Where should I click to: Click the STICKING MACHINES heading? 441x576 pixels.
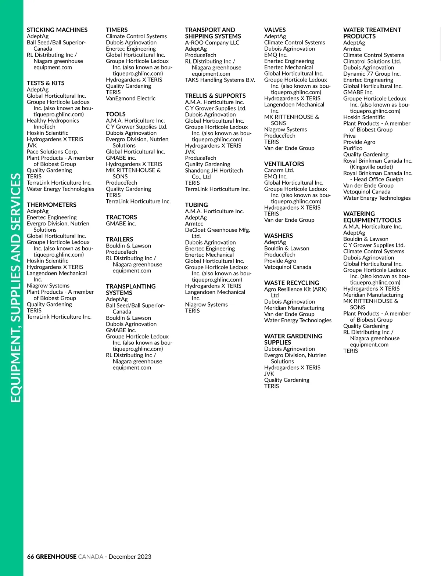tap(57, 30)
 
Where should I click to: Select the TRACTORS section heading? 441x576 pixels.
tap(121, 217)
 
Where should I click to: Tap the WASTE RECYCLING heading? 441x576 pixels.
tap(291, 283)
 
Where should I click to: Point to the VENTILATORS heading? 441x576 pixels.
tap(284, 164)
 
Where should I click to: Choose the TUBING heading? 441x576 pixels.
tap(196, 205)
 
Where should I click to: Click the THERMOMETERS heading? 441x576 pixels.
tap(51, 204)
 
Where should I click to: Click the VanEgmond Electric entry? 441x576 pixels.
tap(130, 98)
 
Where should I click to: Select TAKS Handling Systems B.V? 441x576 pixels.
tap(220, 80)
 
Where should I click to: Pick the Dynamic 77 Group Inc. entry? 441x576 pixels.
tap(372, 74)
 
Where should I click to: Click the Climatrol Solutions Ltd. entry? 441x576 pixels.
tap(372, 61)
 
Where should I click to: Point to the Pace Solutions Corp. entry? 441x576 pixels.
tap(52, 152)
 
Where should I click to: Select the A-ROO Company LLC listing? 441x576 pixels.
tap(212, 43)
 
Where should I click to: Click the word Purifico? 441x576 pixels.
tap(352, 148)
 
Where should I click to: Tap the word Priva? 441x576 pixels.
tap(349, 136)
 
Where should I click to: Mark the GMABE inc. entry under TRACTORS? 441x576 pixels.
tap(121, 223)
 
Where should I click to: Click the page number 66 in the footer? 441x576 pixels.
tap(31, 557)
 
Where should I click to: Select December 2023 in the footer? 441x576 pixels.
tap(130, 557)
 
